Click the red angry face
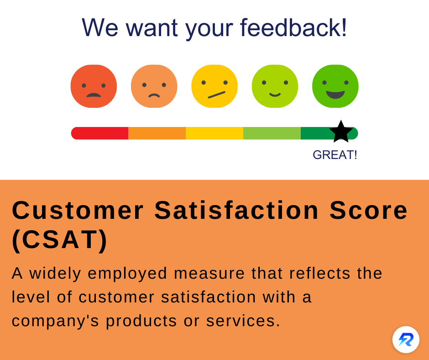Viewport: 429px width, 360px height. click(x=94, y=86)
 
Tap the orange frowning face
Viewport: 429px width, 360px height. click(x=154, y=86)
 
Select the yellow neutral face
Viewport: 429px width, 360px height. click(x=214, y=86)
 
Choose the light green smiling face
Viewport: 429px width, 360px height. click(x=275, y=86)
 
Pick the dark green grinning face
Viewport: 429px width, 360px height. click(x=335, y=86)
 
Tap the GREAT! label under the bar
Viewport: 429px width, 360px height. click(x=335, y=155)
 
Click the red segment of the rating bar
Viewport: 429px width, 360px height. click(x=100, y=133)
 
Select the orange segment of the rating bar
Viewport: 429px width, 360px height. click(x=157, y=133)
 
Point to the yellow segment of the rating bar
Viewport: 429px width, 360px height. click(x=214, y=133)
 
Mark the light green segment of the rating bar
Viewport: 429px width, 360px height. click(x=272, y=133)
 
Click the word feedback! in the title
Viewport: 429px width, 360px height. click(x=293, y=27)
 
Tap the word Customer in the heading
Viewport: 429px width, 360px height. click(x=78, y=211)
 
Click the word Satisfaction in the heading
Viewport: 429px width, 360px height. click(x=236, y=211)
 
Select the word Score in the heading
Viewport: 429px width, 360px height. click(x=369, y=211)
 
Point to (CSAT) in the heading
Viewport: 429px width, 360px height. click(x=60, y=240)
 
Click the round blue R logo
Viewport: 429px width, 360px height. click(x=406, y=340)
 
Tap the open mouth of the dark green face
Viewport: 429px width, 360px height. click(x=335, y=95)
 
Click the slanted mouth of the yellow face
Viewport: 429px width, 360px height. click(x=217, y=95)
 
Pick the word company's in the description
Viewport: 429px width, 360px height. click(x=55, y=321)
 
